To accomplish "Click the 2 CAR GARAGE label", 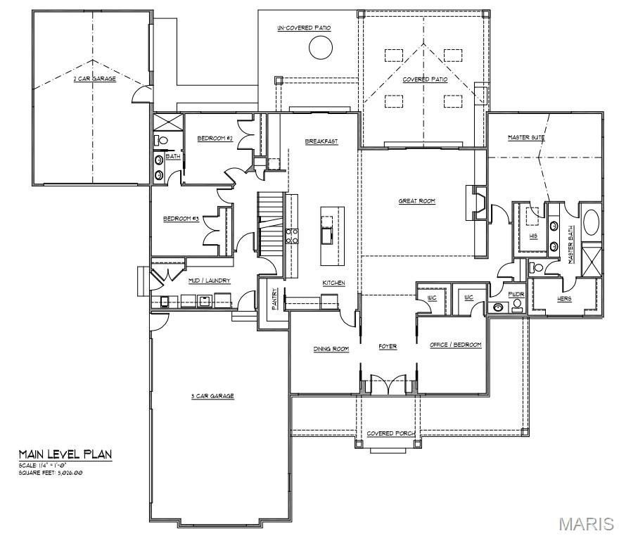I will tap(95, 79).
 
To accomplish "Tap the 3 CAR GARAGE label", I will tap(212, 396).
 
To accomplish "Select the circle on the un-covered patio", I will tap(320, 48).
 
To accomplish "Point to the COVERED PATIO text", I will tap(425, 79).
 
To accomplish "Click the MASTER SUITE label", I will tap(527, 137).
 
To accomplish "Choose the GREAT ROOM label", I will tap(417, 201).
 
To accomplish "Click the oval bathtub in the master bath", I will tap(589, 221).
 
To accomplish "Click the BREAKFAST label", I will tap(321, 141).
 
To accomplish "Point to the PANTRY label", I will tap(274, 297).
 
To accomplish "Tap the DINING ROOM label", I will tap(331, 348).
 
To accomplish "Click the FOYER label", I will tap(388, 347).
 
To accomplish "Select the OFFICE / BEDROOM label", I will tap(456, 345).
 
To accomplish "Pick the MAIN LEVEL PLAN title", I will tap(65, 454).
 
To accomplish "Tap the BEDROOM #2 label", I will tap(215, 139).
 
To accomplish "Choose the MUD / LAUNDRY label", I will tap(209, 281).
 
